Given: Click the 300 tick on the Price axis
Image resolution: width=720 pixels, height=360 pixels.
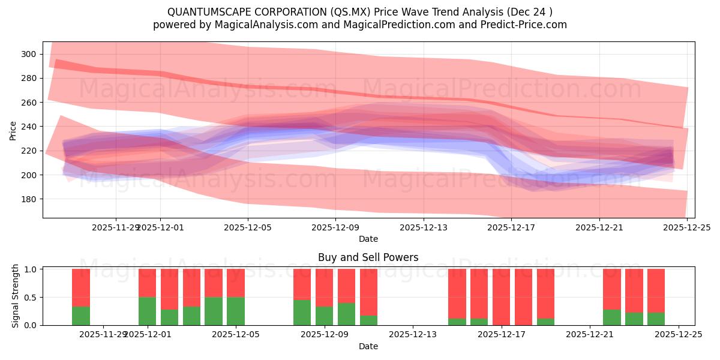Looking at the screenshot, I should (x=28, y=54).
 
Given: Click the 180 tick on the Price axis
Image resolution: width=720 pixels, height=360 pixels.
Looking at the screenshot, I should (x=28, y=199).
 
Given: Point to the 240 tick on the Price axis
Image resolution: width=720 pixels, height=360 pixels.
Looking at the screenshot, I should (x=28, y=127).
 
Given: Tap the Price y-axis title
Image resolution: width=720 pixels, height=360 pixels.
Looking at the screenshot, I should (x=13, y=130).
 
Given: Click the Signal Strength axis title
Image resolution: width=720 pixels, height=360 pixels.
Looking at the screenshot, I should (x=16, y=296).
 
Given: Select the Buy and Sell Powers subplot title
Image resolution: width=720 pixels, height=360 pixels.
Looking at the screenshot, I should (x=368, y=257).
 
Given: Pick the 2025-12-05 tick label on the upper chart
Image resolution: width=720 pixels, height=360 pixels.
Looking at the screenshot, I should (x=248, y=227).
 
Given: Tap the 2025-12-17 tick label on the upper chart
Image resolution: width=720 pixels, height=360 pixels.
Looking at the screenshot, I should (x=511, y=227).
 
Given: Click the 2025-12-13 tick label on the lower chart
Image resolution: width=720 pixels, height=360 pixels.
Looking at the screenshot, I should (x=413, y=334).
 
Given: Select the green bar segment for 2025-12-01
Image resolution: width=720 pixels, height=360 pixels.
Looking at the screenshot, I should (x=147, y=311).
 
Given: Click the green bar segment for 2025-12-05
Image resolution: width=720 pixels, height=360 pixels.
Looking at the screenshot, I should (x=235, y=311).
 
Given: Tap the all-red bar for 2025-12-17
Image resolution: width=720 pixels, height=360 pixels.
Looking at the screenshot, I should (x=501, y=297).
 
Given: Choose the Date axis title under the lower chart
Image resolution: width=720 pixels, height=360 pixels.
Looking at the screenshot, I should (x=368, y=346).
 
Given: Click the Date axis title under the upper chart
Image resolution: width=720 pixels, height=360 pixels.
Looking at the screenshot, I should (x=368, y=239).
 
